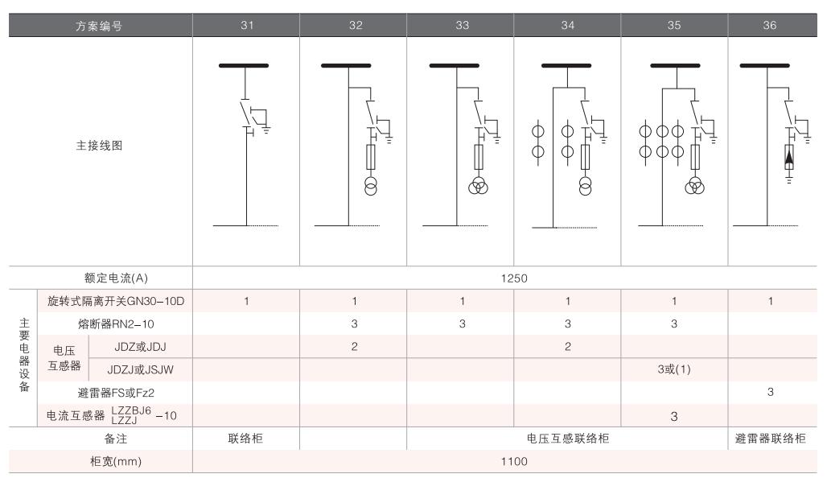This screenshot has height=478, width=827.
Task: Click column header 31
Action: (x=247, y=26)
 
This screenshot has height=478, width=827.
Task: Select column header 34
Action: (x=567, y=26)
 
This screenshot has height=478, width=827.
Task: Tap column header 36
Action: (x=771, y=26)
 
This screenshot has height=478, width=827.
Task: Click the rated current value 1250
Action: (x=505, y=278)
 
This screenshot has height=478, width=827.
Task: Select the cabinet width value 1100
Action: (x=505, y=462)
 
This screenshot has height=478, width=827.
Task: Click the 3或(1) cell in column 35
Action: (x=674, y=369)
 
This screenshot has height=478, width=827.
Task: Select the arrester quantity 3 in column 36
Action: (x=771, y=392)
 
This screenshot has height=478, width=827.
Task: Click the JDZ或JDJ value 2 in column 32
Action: (x=354, y=346)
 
